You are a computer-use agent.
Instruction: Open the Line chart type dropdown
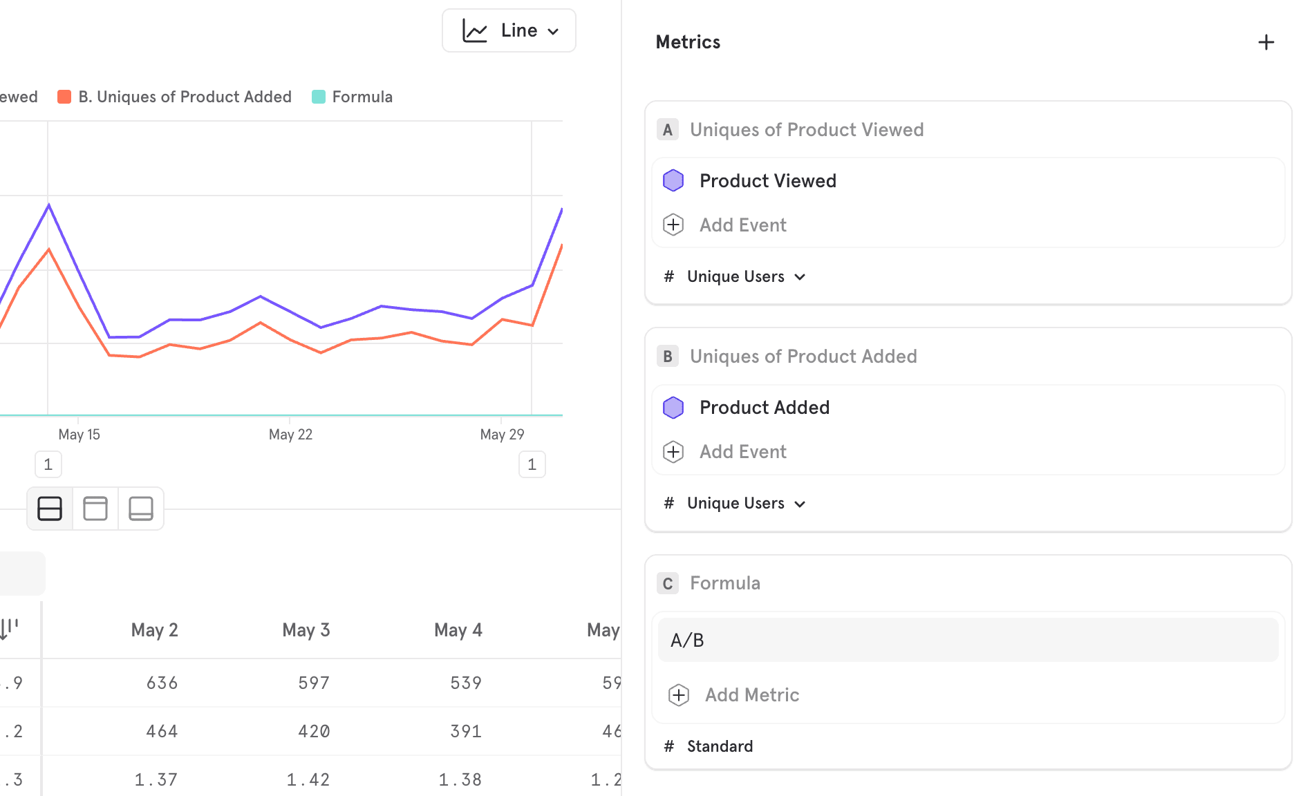[x=509, y=30]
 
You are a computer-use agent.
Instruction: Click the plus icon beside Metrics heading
[x=1266, y=43]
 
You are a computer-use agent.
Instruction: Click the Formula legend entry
[x=353, y=97]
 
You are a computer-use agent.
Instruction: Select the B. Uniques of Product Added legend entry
[x=176, y=97]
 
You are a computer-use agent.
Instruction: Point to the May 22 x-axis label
[x=290, y=435]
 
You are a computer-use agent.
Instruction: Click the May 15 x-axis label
[x=79, y=435]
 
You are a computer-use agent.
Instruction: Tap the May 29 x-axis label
[x=502, y=435]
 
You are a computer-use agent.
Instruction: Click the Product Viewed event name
[x=767, y=181]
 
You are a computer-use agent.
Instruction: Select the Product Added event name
[x=764, y=408]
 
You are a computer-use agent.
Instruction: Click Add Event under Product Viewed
[x=742, y=225]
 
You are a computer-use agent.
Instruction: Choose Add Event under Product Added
[x=742, y=452]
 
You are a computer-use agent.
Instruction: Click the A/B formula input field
[x=968, y=641]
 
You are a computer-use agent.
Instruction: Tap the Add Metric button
[x=751, y=695]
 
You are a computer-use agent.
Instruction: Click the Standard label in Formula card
[x=720, y=747]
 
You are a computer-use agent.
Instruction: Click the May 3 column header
[x=306, y=630]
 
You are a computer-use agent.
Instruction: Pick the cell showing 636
[x=162, y=683]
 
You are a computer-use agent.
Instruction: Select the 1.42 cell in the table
[x=308, y=780]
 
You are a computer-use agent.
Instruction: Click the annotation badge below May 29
[x=532, y=464]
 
